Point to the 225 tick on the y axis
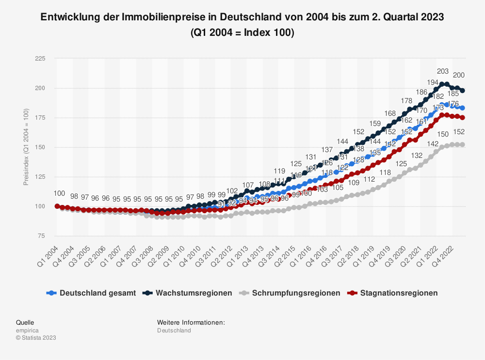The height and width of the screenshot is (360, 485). coord(40,59)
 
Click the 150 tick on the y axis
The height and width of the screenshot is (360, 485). coord(40,147)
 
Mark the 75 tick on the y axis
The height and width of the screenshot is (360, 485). coord(41,236)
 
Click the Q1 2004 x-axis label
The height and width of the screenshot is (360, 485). coord(48,254)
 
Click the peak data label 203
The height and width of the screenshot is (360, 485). coord(443,71)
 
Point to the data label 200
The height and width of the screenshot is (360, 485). coord(458,75)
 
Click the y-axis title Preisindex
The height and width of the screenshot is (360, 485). coord(26,147)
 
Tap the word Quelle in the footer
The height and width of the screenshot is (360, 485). coord(25,322)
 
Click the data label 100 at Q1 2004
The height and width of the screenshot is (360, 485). coord(59,193)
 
